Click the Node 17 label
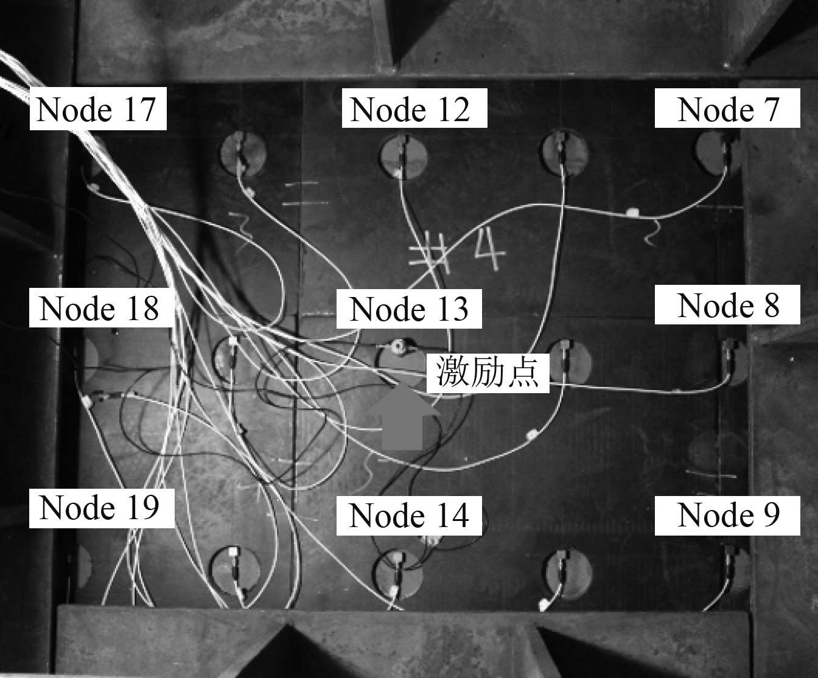[x=98, y=109]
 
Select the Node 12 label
[x=414, y=109]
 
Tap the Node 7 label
[x=727, y=109]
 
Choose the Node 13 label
[x=409, y=308]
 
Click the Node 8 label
[x=727, y=304]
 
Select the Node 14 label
[x=409, y=515]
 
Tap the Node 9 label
[x=727, y=515]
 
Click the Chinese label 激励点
[x=488, y=372]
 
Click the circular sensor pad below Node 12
[x=402, y=156]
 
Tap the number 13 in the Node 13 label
[x=450, y=309]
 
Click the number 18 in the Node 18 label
[x=141, y=308]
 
